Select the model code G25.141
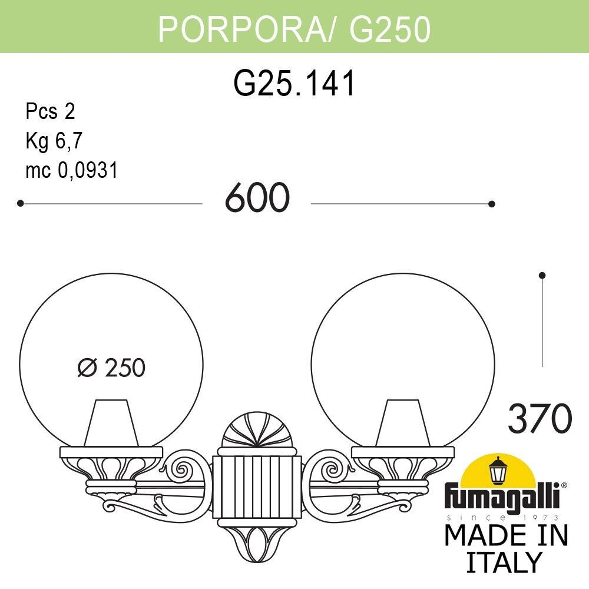(294, 84)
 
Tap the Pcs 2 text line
(51, 111)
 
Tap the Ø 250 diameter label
(111, 368)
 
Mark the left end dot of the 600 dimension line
(20, 203)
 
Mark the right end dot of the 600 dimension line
(492, 204)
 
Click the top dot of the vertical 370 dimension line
(542, 275)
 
